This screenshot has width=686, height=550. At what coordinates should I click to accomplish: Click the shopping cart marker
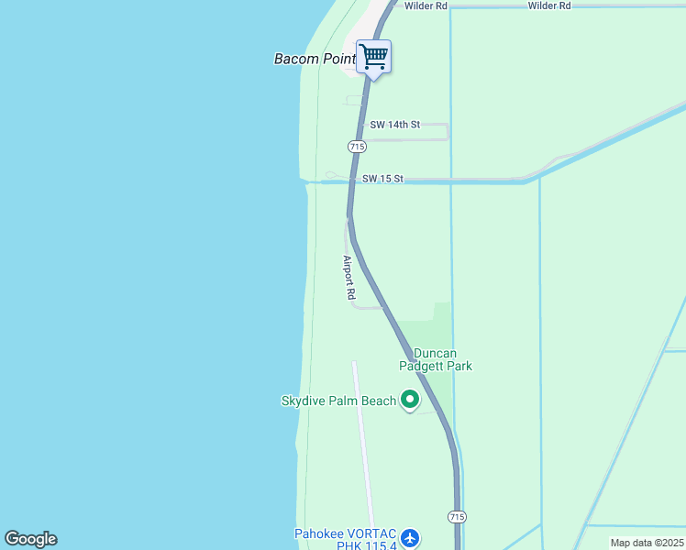pos(373,57)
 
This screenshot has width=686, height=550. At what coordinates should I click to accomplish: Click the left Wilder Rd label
pos(426,5)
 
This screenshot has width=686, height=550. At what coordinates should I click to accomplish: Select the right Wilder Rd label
pos(549,5)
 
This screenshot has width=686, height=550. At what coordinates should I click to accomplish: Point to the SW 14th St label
pos(394,124)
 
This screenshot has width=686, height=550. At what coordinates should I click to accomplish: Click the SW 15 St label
pos(382,179)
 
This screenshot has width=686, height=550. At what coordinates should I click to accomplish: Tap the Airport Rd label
pos(349,278)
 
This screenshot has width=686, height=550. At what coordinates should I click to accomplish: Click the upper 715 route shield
pos(358,147)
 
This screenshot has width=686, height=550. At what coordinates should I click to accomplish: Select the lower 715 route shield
pos(457,518)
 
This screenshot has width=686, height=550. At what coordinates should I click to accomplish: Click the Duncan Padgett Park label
pos(442,359)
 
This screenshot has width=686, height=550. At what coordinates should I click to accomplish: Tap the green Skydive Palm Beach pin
pos(409,400)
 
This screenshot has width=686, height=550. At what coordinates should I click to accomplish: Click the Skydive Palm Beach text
pos(338,401)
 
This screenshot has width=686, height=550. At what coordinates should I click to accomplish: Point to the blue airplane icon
pos(410,536)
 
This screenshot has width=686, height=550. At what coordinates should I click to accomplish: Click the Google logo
pos(30,539)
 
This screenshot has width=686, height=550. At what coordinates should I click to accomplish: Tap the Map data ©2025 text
pos(647,543)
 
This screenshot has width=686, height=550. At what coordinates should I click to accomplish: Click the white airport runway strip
pos(363,440)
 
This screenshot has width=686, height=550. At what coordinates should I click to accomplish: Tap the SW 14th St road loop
pos(447,132)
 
